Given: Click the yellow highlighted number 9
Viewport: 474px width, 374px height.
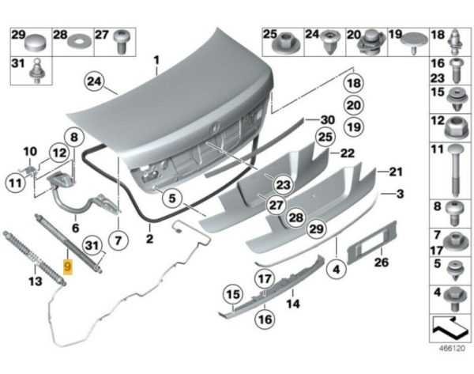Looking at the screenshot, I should [68, 268].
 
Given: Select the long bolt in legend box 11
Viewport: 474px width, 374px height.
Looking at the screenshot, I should [457, 171].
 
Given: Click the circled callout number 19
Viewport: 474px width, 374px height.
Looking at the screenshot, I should [353, 127].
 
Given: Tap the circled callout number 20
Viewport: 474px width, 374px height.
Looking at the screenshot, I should [353, 105].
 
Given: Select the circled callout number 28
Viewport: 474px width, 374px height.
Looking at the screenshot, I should [295, 217].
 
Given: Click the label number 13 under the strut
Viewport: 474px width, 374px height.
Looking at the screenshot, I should [34, 281].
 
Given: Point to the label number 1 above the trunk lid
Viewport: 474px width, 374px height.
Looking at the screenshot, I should [156, 60].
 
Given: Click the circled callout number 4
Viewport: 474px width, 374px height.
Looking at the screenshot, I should [337, 270].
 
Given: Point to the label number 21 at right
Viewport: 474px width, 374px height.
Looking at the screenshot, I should [395, 171].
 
